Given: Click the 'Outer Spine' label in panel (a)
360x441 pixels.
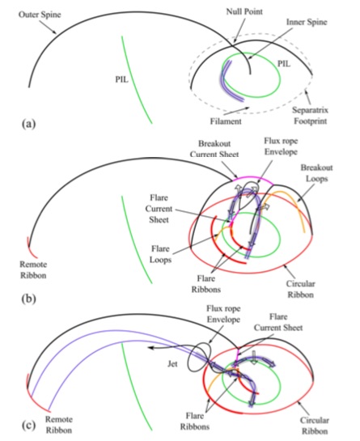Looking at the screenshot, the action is coord(40,15).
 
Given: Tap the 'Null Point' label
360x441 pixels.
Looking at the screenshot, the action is coord(244,11).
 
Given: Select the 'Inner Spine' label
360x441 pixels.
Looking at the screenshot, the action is coord(307,22).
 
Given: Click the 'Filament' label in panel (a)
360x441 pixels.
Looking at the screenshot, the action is coord(226,121).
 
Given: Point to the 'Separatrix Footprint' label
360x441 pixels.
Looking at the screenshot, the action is coord(310,116).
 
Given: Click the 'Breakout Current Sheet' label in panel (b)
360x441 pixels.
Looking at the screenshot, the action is coord(214,149).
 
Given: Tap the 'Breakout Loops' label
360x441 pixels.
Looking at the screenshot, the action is coord(316,173).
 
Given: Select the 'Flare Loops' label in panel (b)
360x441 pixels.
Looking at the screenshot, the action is coord(160,254).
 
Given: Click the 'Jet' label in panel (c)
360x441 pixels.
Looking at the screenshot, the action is coord(172,364).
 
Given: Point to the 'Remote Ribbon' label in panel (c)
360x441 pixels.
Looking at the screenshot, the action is coord(59,425).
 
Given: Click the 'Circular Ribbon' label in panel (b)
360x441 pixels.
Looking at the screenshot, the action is coord(300,289).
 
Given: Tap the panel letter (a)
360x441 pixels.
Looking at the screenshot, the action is coord(28,124).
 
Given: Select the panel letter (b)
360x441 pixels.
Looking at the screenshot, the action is coord(28,298).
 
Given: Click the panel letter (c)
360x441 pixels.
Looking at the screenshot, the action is coord(28,426).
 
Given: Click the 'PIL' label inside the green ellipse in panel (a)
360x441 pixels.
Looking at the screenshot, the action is coord(284,64).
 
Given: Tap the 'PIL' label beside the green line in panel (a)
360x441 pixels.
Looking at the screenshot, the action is coord(122,79).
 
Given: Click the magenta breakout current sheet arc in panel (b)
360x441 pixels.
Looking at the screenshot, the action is coord(252,177).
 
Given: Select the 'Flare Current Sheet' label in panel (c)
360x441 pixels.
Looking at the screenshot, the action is coord(278,322).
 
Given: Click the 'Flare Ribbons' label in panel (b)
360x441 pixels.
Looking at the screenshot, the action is coord(205,284).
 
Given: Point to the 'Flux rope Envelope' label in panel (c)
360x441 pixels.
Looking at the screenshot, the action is coord(223,314).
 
